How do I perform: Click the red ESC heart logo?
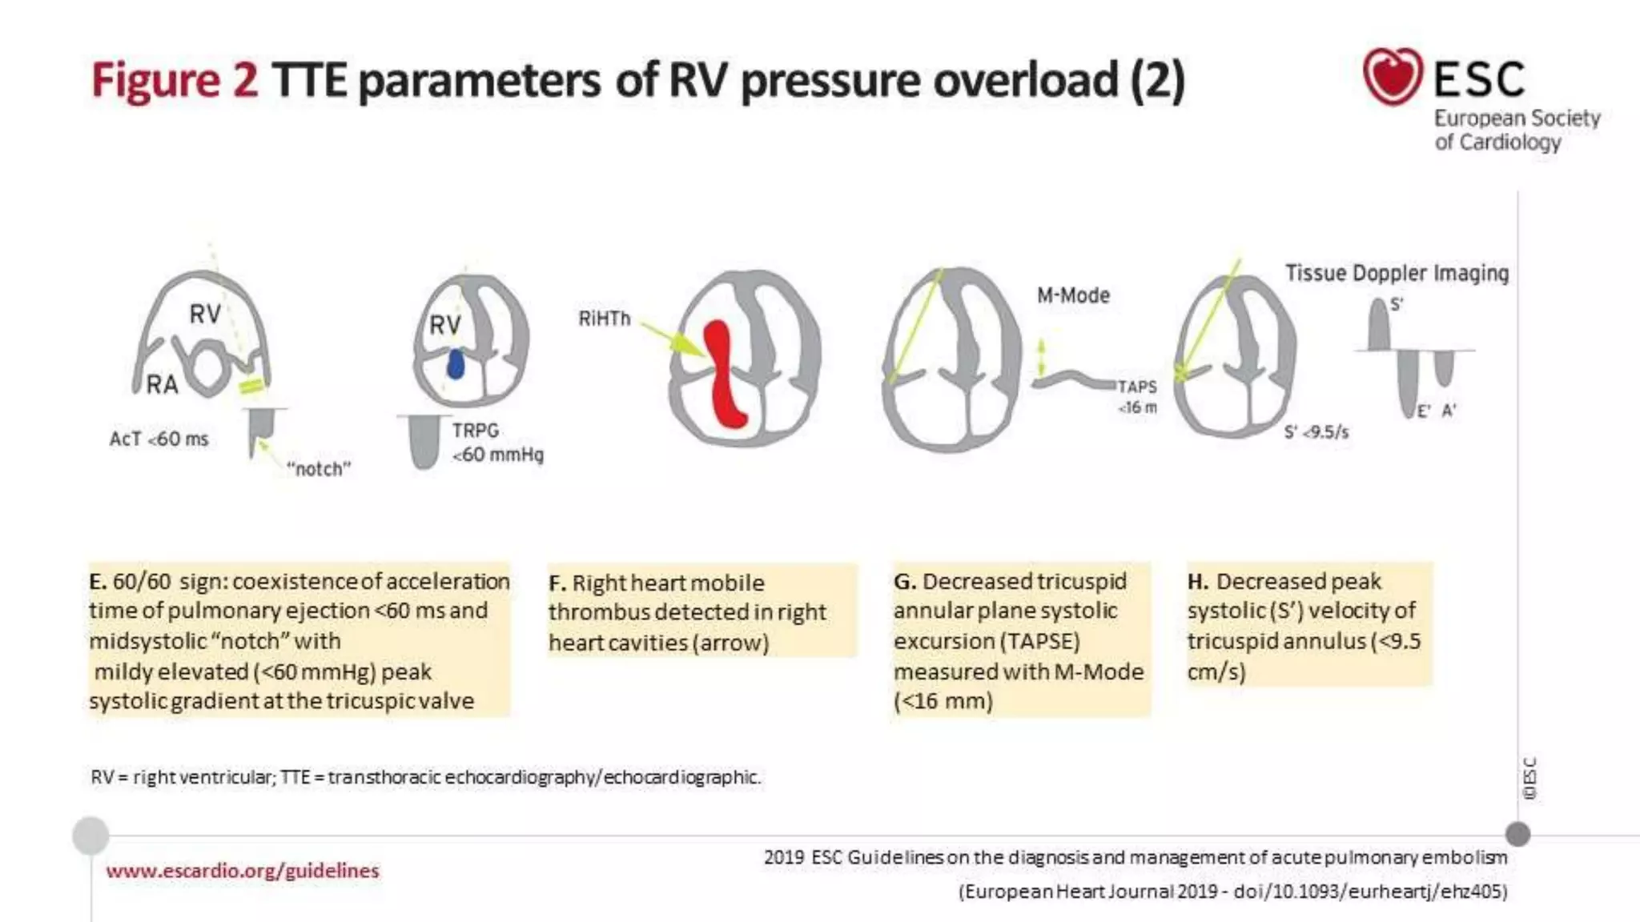point(1393,76)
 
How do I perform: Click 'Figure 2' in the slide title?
point(175,80)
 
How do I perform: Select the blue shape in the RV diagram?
point(456,364)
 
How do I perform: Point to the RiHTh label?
point(605,319)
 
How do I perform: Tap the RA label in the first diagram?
point(162,385)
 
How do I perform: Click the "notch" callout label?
point(319,469)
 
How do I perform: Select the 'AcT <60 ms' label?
point(159,439)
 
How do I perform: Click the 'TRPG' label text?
point(476,431)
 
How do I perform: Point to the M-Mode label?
point(1073,295)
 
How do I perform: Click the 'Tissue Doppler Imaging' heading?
point(1397,274)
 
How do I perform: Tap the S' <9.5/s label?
point(1316,432)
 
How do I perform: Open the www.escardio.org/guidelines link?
point(242,871)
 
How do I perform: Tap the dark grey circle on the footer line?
point(1517,834)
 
